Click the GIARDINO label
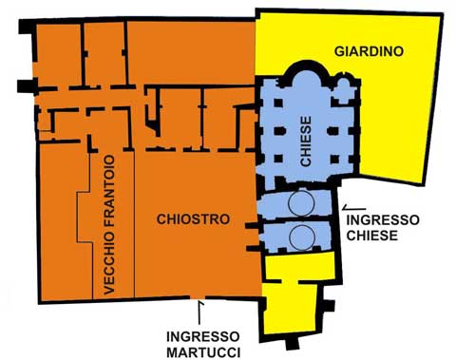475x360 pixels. pyautogui.click(x=369, y=51)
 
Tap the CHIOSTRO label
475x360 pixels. pyautogui.click(x=193, y=219)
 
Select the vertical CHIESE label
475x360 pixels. pyautogui.click(x=306, y=142)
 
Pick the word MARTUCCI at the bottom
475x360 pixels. pyautogui.click(x=203, y=352)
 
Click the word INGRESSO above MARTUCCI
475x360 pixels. pyautogui.click(x=203, y=336)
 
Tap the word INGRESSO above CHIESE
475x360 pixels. pyautogui.click(x=383, y=219)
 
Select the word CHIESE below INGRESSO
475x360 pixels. pyautogui.click(x=372, y=236)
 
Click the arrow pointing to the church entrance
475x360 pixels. pyautogui.click(x=354, y=208)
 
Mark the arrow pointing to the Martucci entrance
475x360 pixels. pyautogui.click(x=199, y=313)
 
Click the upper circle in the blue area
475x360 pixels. pyautogui.click(x=301, y=203)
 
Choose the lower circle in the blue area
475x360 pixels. pyautogui.click(x=302, y=237)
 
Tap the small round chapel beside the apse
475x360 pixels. pyautogui.click(x=343, y=85)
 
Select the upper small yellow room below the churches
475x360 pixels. pyautogui.click(x=300, y=267)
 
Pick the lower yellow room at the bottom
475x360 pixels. pyautogui.click(x=291, y=308)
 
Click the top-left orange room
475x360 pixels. pyautogui.click(x=59, y=54)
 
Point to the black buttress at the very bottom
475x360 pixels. pyautogui.click(x=292, y=343)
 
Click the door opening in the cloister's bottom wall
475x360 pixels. pyautogui.click(x=198, y=297)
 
